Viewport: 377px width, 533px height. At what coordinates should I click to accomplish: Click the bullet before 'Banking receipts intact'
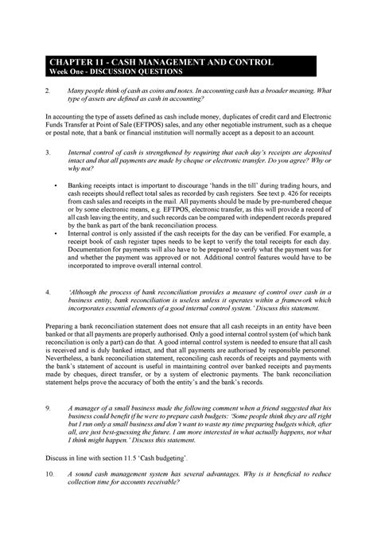[x=56, y=183]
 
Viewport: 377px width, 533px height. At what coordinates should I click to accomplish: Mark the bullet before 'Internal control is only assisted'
[x=56, y=235]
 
